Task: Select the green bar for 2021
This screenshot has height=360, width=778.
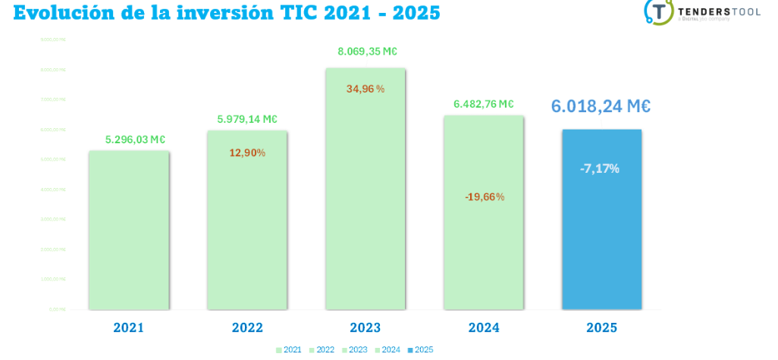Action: coord(128,231)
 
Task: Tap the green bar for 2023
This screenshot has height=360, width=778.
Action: coord(365,197)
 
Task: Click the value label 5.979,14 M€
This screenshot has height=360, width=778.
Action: coord(247,119)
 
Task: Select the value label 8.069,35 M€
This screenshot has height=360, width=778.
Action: coord(368,52)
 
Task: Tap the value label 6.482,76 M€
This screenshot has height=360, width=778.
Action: coord(484,104)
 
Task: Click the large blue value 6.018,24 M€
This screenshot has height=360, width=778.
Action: coord(601,107)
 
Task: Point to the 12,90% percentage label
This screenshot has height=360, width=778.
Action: coord(247,153)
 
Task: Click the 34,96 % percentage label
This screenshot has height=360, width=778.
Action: coord(365,89)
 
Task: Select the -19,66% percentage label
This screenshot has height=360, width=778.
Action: coord(484,197)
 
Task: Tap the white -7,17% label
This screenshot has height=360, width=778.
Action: coord(601,168)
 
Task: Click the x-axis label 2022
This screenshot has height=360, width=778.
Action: coord(247,328)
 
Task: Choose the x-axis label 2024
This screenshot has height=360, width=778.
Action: coord(484,328)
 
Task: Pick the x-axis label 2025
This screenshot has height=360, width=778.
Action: coord(602,328)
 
